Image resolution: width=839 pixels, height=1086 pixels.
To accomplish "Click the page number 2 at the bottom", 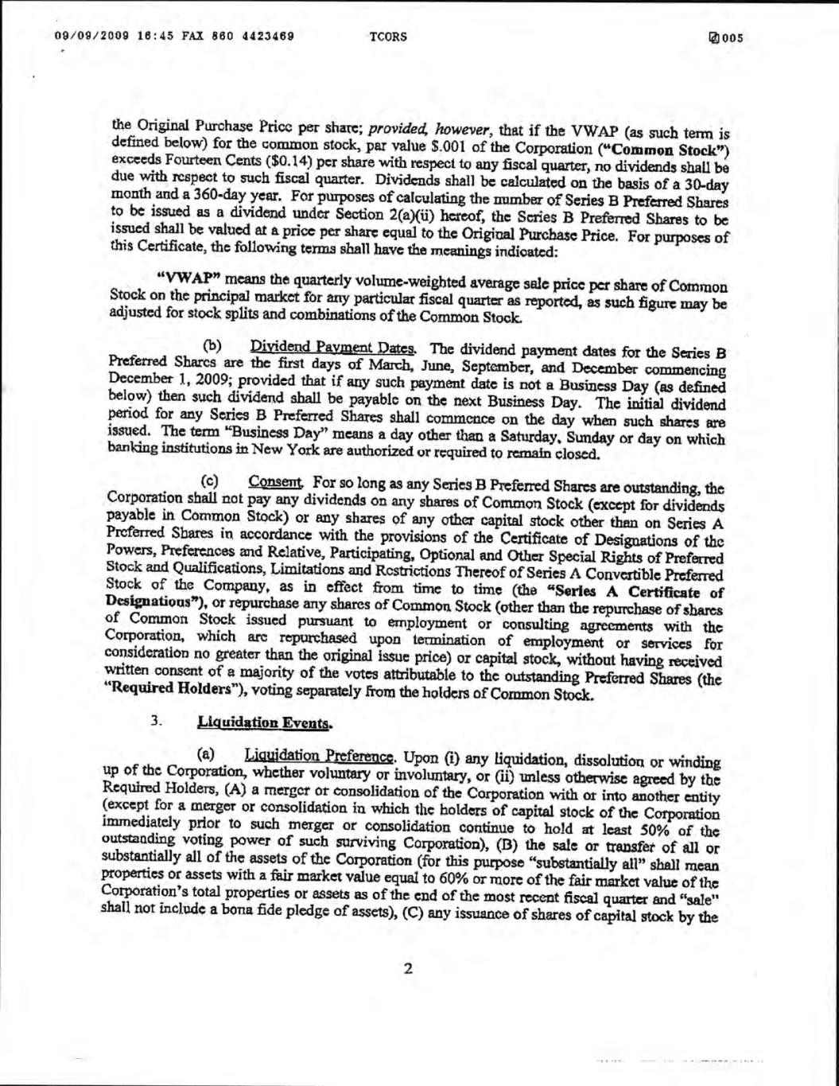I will click(x=409, y=969).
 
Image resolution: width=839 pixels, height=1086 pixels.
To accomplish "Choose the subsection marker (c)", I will click(x=210, y=481).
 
